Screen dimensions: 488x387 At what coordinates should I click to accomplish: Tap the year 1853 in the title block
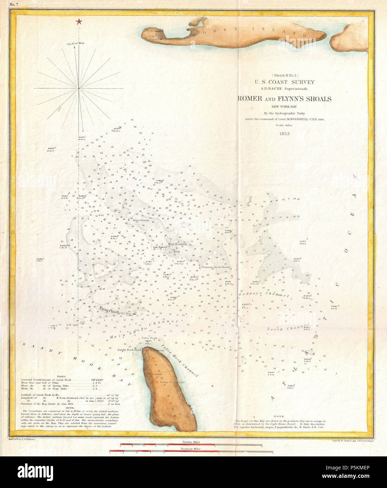[285, 133]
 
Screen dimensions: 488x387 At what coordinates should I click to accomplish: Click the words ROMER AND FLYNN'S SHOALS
[284, 99]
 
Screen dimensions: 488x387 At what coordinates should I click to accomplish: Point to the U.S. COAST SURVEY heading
[285, 82]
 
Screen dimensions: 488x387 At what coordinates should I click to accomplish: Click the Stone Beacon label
[141, 220]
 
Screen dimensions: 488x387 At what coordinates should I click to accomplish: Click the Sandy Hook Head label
[129, 350]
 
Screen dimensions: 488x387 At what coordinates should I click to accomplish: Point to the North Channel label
[288, 328]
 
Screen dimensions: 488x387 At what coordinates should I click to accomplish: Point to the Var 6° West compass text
[75, 44]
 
